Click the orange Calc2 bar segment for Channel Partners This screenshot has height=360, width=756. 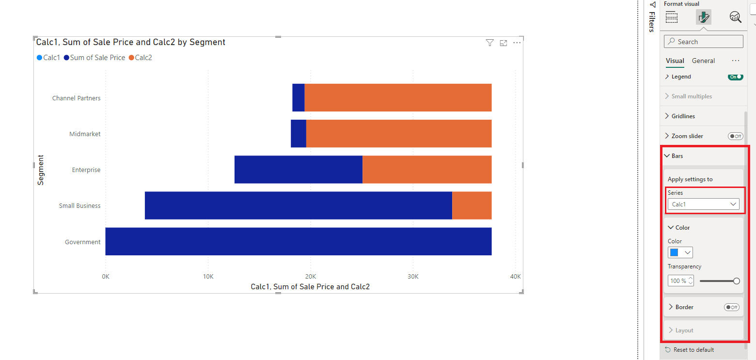point(397,97)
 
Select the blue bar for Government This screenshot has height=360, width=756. point(298,241)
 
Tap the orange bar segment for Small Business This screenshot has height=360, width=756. point(472,205)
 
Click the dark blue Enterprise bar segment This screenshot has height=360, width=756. point(298,170)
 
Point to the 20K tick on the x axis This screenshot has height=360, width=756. point(311,277)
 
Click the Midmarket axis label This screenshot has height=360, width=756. point(85,134)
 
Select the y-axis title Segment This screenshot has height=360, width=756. point(41,170)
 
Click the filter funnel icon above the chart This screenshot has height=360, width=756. point(489,43)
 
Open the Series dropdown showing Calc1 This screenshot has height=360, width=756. point(703,204)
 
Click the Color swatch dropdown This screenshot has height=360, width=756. point(680,252)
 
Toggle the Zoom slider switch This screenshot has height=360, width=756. point(735,136)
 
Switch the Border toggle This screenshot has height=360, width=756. point(731,307)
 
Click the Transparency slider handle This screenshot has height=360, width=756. point(737,281)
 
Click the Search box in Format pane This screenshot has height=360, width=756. point(703,42)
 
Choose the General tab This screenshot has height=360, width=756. point(703,61)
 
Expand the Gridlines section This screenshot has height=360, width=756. point(683,116)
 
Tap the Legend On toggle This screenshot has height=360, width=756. point(735,77)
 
